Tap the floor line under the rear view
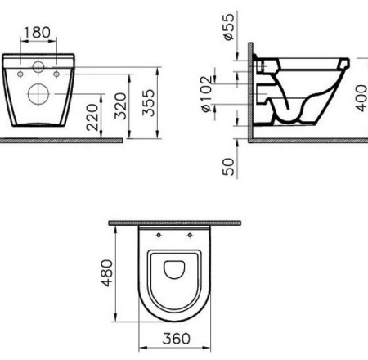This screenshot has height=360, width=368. [61, 140]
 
